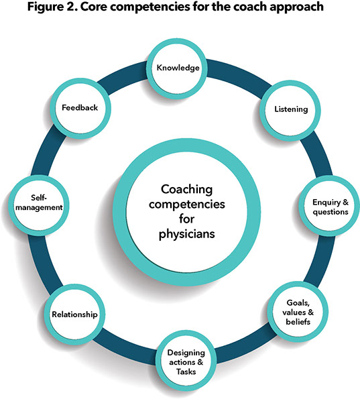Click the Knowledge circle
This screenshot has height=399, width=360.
[x=180, y=68]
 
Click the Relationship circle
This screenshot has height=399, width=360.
[x=76, y=313]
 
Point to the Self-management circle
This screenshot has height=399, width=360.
[x=36, y=203]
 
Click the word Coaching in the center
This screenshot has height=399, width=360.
[x=180, y=189]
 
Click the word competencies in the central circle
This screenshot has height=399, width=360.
[x=179, y=205]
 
